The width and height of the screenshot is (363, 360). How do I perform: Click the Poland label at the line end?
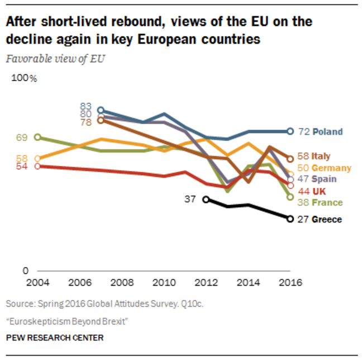(327, 132)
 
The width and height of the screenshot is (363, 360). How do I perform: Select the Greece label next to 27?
(327, 219)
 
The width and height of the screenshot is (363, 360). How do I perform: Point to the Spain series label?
(324, 179)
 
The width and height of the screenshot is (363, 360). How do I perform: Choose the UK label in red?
(318, 191)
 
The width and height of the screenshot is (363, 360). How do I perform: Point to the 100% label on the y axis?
(24, 78)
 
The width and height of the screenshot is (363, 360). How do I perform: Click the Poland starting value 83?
(85, 106)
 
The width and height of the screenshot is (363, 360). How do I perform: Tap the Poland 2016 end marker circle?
(290, 131)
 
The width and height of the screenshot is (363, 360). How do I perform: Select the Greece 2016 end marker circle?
(290, 219)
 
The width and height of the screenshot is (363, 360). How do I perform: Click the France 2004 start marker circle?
(37, 137)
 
